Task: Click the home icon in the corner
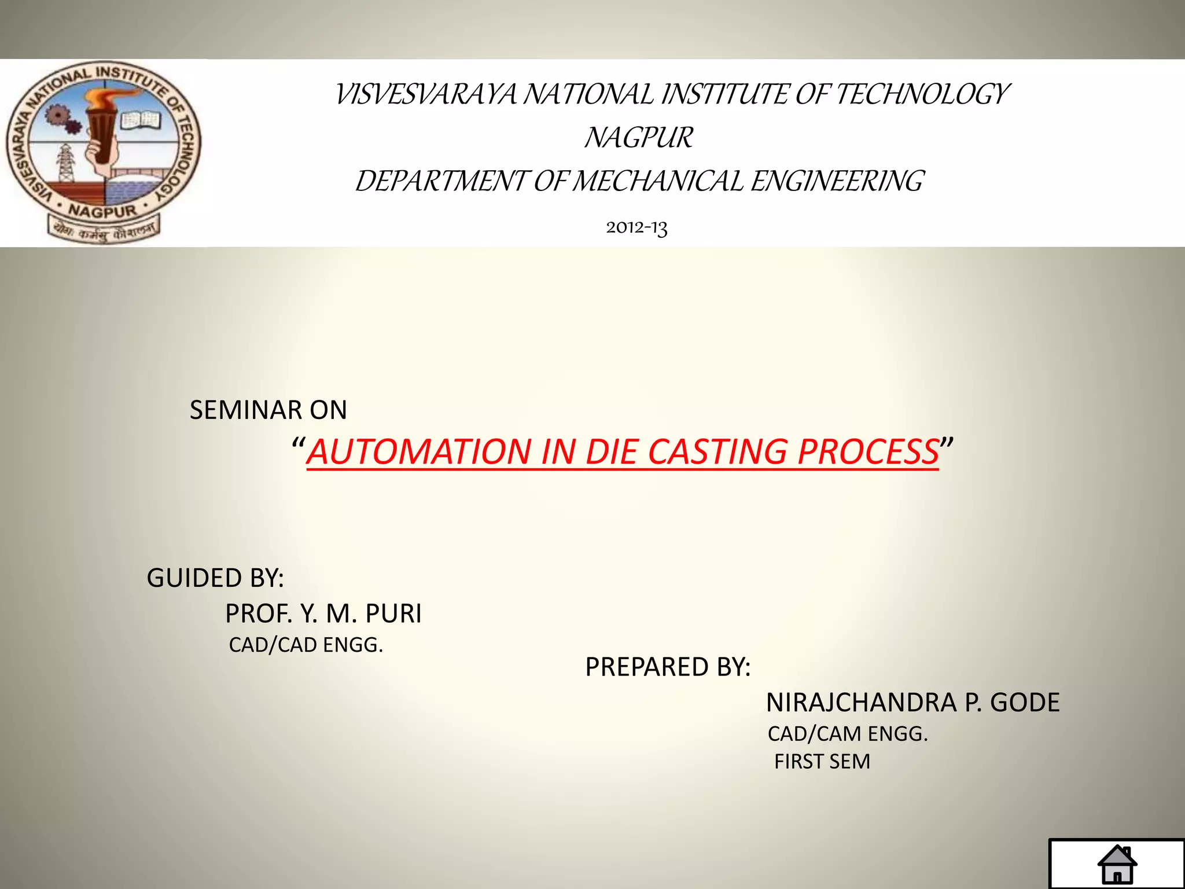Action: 1117,864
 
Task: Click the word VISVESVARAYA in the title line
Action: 425,94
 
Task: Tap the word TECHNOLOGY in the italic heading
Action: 922,94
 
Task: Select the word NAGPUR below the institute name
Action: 638,138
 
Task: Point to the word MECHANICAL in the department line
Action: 660,181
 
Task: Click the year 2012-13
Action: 636,227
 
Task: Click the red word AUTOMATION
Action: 419,451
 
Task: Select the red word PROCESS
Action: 868,451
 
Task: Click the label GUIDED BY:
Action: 215,578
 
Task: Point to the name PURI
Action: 393,614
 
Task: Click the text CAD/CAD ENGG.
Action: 306,645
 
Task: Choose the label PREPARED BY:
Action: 668,667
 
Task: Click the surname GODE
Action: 1025,703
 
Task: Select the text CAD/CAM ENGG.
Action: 848,734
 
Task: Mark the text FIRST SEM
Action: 822,762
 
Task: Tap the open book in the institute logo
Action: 140,120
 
